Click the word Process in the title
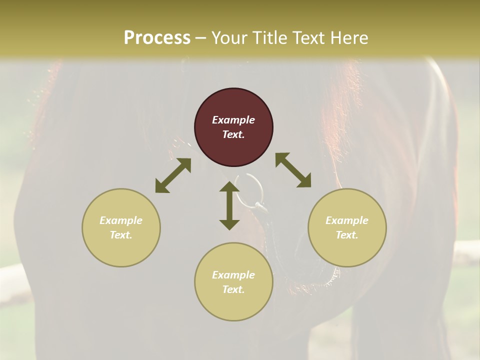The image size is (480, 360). (157, 38)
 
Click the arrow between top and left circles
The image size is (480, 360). (173, 175)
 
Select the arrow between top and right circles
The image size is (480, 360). (293, 170)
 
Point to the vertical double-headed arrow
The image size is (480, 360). (229, 205)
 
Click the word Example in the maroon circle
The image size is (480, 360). (233, 120)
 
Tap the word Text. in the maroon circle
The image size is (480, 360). (233, 134)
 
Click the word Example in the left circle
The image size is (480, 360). (121, 220)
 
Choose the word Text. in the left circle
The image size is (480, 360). (121, 235)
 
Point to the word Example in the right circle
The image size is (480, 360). (347, 220)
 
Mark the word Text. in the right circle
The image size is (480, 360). (347, 235)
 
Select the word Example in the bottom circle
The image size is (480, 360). (233, 275)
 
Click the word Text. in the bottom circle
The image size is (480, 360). (233, 289)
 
